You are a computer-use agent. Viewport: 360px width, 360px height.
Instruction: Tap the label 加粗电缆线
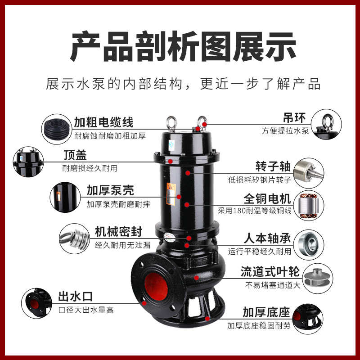pyautogui.click(x=103, y=122)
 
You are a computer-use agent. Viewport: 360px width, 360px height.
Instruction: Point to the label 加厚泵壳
pyautogui.click(x=110, y=190)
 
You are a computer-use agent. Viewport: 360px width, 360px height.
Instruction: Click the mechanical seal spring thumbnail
pyautogui.click(x=74, y=238)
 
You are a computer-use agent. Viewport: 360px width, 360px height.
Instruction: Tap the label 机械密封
pyautogui.click(x=118, y=232)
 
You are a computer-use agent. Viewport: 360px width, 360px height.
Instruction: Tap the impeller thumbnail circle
pyautogui.click(x=315, y=276)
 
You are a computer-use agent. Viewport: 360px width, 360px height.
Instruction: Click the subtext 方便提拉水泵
pyautogui.click(x=286, y=131)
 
